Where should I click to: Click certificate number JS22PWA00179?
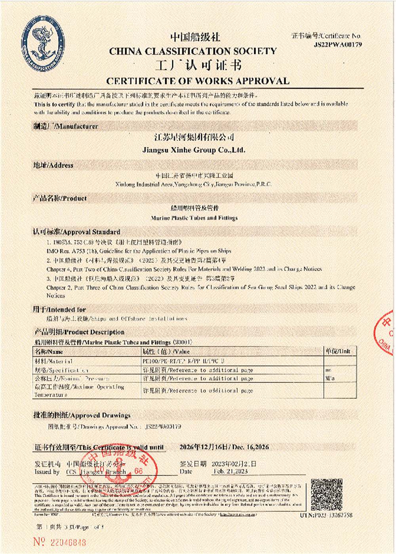[x=337, y=45]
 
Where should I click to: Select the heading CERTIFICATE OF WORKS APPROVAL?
[x=198, y=81]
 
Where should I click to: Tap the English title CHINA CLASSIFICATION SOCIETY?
[x=193, y=51]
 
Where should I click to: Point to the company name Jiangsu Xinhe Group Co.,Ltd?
[x=194, y=150]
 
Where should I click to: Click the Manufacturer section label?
[x=65, y=127]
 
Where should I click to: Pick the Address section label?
[x=53, y=165]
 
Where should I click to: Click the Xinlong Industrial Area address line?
[x=193, y=184]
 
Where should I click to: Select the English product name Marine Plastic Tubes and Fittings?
[x=194, y=218]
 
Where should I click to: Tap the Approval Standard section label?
[x=76, y=232]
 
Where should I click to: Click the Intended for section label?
[x=59, y=309]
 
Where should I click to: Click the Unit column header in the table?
[x=338, y=351]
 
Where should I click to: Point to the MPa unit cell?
[x=330, y=378]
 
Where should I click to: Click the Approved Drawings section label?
[x=82, y=415]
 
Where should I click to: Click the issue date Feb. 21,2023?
[x=230, y=471]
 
